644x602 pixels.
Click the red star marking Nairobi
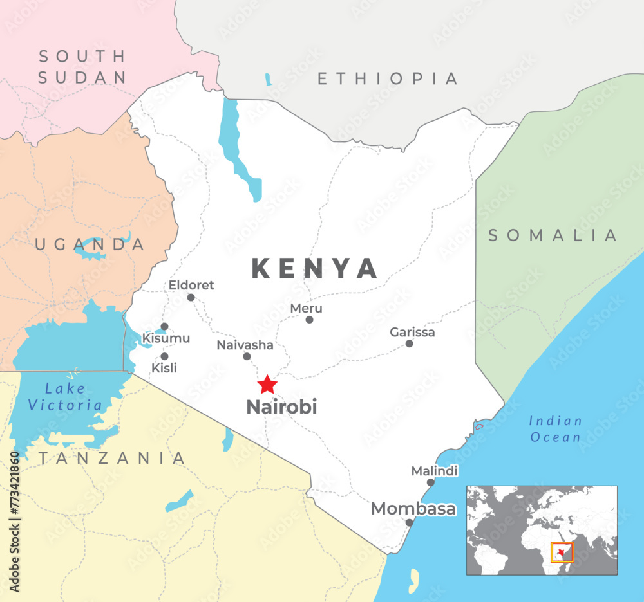pos(267,385)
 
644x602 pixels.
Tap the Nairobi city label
pos(281,407)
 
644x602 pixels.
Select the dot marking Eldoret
pos(191,297)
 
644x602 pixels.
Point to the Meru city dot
pos(309,320)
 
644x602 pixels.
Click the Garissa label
pos(412,333)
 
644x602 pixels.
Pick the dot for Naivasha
pos(247,356)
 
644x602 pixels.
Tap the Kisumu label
pos(166,338)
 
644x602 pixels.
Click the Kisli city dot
pos(164,356)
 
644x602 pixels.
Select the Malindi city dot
pos(430,482)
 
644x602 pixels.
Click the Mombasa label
pos(413,509)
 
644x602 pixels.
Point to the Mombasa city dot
pos(409,522)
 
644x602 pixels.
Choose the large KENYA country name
pos(314,269)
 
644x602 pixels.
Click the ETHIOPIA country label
pos(388,79)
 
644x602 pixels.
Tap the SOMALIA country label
pos(553,235)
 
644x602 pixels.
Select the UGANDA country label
pos(90,244)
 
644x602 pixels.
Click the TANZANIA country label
pos(111,458)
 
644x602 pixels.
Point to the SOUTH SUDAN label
pos(82,67)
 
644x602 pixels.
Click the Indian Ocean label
pos(555,429)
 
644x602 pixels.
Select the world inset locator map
pos(542,530)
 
